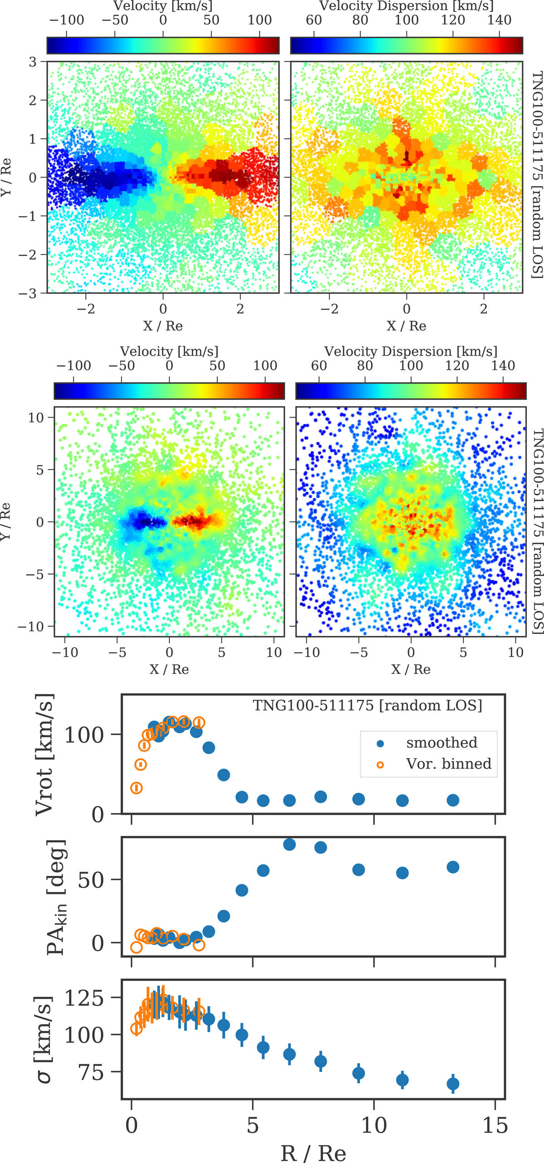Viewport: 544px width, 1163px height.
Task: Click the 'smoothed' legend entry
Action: [x=441, y=743]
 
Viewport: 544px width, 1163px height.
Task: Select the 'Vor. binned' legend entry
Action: [x=448, y=764]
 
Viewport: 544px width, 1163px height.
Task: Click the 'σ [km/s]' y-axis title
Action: [x=44, y=1039]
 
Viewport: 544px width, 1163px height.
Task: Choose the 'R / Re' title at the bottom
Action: [x=313, y=1153]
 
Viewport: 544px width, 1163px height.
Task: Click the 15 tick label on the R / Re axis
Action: [x=495, y=1125]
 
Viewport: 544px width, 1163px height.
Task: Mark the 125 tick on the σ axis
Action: [x=84, y=998]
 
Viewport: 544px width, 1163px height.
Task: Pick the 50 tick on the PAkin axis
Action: [x=91, y=880]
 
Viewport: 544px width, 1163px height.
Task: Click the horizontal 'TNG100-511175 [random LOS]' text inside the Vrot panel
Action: [x=367, y=706]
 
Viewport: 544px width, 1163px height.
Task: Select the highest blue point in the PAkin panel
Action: [x=289, y=845]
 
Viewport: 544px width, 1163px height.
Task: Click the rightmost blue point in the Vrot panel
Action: [x=453, y=800]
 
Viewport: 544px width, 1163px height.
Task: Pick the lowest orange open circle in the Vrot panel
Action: [x=136, y=788]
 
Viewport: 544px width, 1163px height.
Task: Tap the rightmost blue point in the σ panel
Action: [x=453, y=1084]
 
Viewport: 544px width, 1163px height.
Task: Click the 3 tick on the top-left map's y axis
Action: [x=33, y=62]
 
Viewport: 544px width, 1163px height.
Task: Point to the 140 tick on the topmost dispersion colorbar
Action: [x=500, y=20]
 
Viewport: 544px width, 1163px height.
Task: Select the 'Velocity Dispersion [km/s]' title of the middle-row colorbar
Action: [x=411, y=351]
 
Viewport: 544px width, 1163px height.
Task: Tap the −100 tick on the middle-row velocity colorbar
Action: [x=73, y=366]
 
